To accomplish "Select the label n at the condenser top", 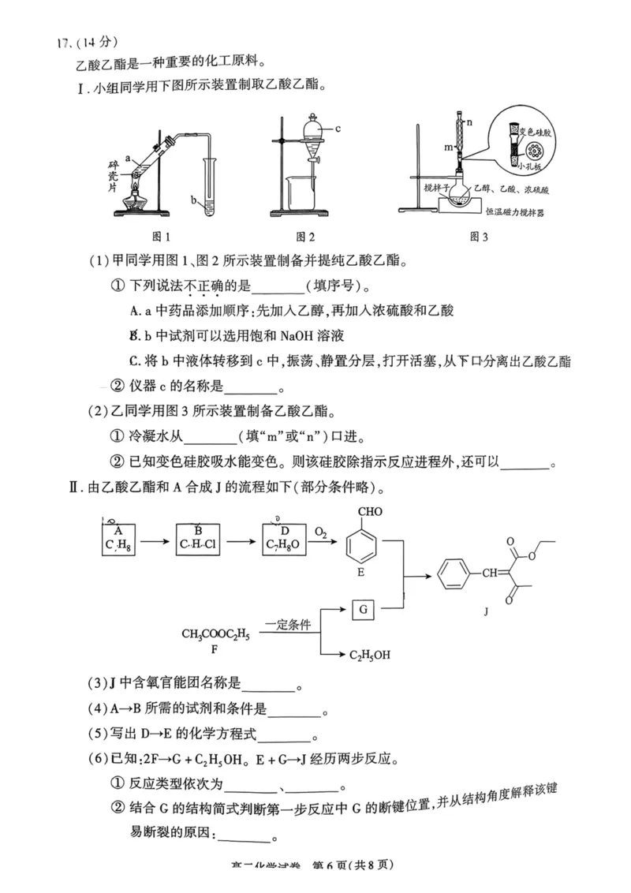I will tap(469, 122).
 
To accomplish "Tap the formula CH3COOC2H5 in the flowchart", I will tap(215, 633).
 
